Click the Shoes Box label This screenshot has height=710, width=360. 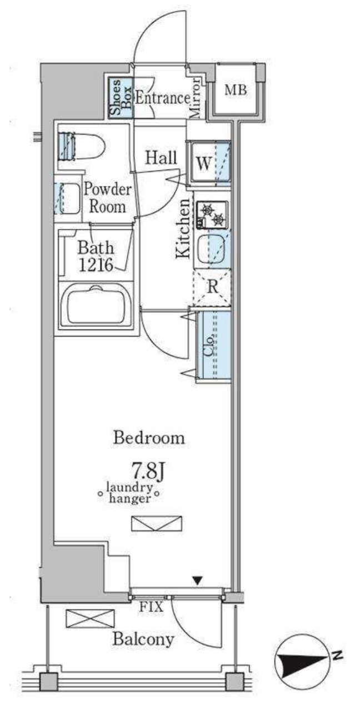(x=120, y=98)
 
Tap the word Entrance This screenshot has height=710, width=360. (x=163, y=98)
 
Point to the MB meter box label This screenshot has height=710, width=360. (x=236, y=90)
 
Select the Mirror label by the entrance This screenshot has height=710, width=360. (x=195, y=98)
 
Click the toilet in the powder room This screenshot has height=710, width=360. (x=82, y=146)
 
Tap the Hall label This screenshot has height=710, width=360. (x=161, y=157)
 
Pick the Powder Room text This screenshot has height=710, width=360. (x=107, y=198)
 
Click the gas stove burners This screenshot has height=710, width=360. (x=212, y=214)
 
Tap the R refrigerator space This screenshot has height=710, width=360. (x=212, y=287)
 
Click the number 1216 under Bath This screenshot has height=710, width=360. (x=96, y=265)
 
